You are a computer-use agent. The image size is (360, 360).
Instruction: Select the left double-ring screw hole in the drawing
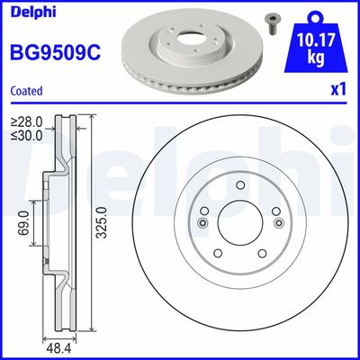tap(203, 222)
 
